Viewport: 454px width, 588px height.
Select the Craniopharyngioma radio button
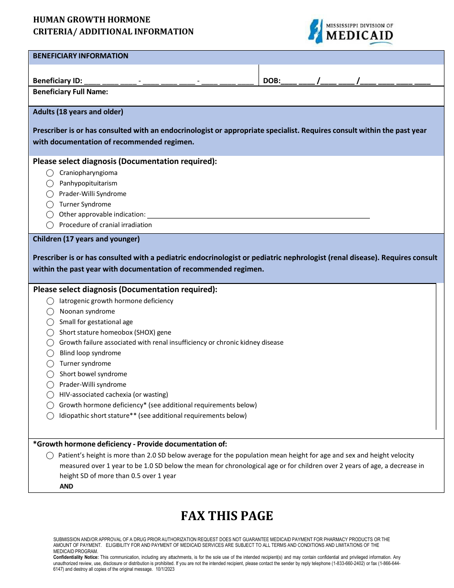pyautogui.click(x=50, y=173)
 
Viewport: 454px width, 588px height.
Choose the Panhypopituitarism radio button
pyautogui.click(x=50, y=184)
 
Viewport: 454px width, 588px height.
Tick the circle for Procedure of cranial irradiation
pyautogui.click(x=50, y=225)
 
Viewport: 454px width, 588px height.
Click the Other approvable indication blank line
pyautogui.click(x=258, y=215)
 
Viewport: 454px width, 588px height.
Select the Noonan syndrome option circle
pyautogui.click(x=50, y=312)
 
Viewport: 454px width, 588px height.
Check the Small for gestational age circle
pyautogui.click(x=50, y=322)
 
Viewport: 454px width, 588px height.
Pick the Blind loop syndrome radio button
pyautogui.click(x=50, y=353)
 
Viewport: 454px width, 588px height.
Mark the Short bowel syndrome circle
pyautogui.click(x=50, y=374)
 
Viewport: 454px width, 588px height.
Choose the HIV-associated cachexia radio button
pyautogui.click(x=50, y=395)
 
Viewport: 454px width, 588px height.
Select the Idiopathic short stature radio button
pyautogui.click(x=50, y=416)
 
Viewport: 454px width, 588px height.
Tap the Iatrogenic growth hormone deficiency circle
pyautogui.click(x=50, y=301)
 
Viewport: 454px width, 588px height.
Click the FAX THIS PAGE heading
pyautogui.click(x=227, y=516)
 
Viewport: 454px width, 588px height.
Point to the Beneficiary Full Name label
pyautogui.click(x=70, y=92)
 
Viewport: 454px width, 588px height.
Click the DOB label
pyautogui.click(x=271, y=81)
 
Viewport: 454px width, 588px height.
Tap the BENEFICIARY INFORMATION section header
pyautogui.click(x=80, y=56)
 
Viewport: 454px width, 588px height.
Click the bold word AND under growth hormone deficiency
pyautogui.click(x=66, y=486)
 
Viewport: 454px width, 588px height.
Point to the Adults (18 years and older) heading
pyautogui.click(x=78, y=112)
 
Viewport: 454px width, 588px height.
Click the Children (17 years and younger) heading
pyautogui.click(x=86, y=239)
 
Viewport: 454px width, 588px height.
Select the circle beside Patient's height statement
pyautogui.click(x=50, y=456)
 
